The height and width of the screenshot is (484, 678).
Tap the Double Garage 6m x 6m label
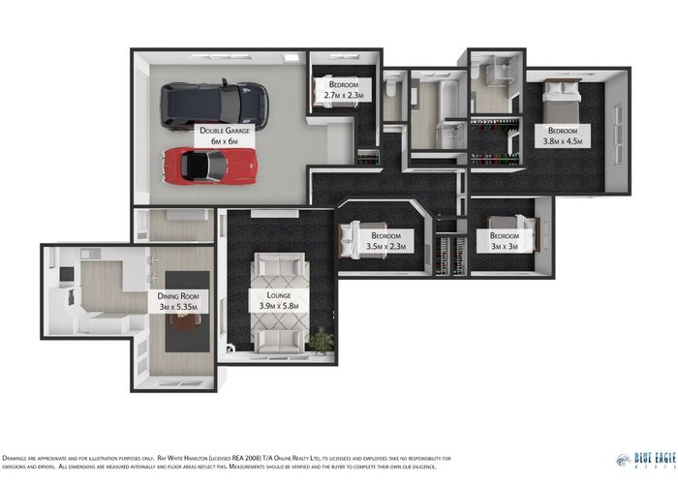(226, 135)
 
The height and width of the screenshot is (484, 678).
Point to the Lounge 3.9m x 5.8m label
(279, 300)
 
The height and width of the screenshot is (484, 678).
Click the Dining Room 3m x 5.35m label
(178, 301)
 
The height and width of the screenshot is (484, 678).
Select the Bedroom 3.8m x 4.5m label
(563, 135)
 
